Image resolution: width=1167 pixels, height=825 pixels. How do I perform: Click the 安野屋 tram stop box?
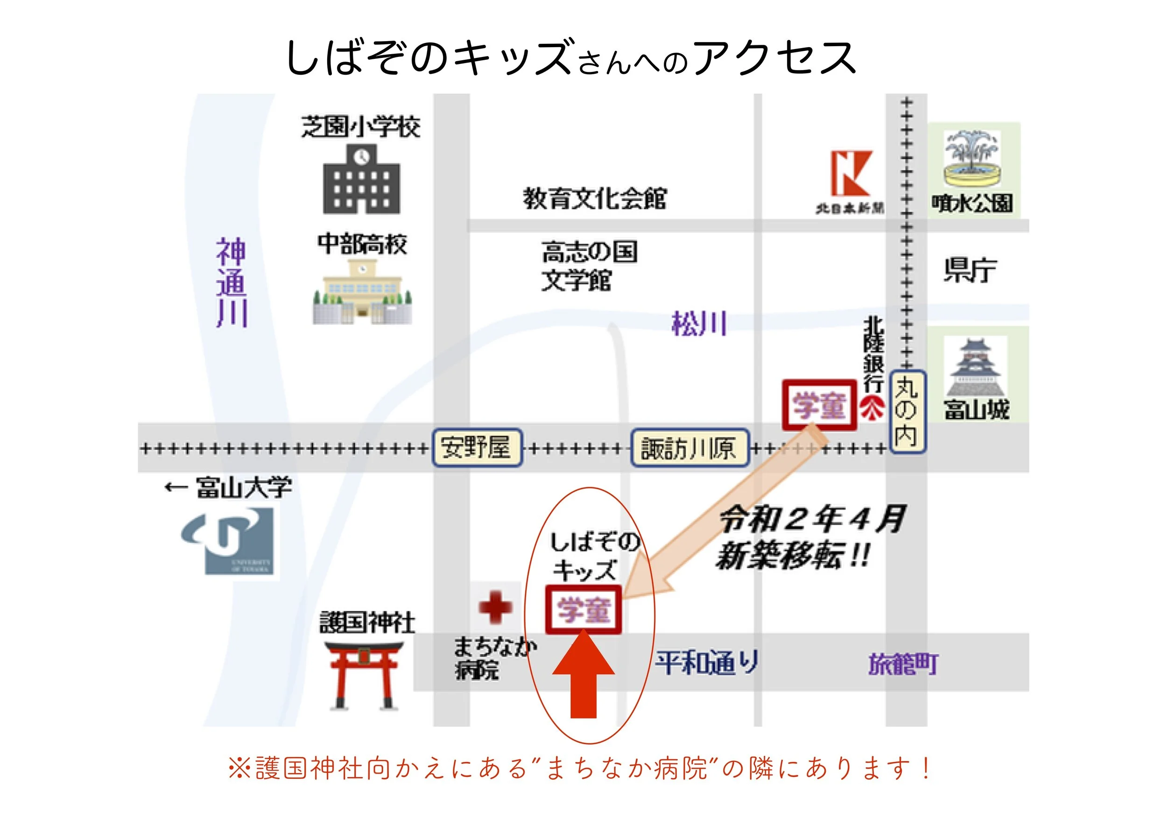[x=477, y=448]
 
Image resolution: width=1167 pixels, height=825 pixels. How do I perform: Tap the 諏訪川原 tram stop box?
[x=689, y=448]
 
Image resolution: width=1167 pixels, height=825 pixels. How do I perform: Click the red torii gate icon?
[x=364, y=675]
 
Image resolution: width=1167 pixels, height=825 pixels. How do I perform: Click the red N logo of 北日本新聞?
[x=851, y=173]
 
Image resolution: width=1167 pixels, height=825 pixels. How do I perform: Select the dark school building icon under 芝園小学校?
[x=361, y=180]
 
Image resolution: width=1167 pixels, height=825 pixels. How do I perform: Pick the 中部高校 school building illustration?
[x=362, y=292]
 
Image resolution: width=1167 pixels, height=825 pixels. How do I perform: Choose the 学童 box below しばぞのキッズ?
[x=583, y=610]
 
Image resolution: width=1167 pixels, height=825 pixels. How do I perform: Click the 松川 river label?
[x=699, y=323]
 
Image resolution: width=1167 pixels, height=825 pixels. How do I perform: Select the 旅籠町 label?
[x=903, y=664]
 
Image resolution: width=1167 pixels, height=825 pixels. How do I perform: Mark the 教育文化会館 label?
[x=595, y=198]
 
